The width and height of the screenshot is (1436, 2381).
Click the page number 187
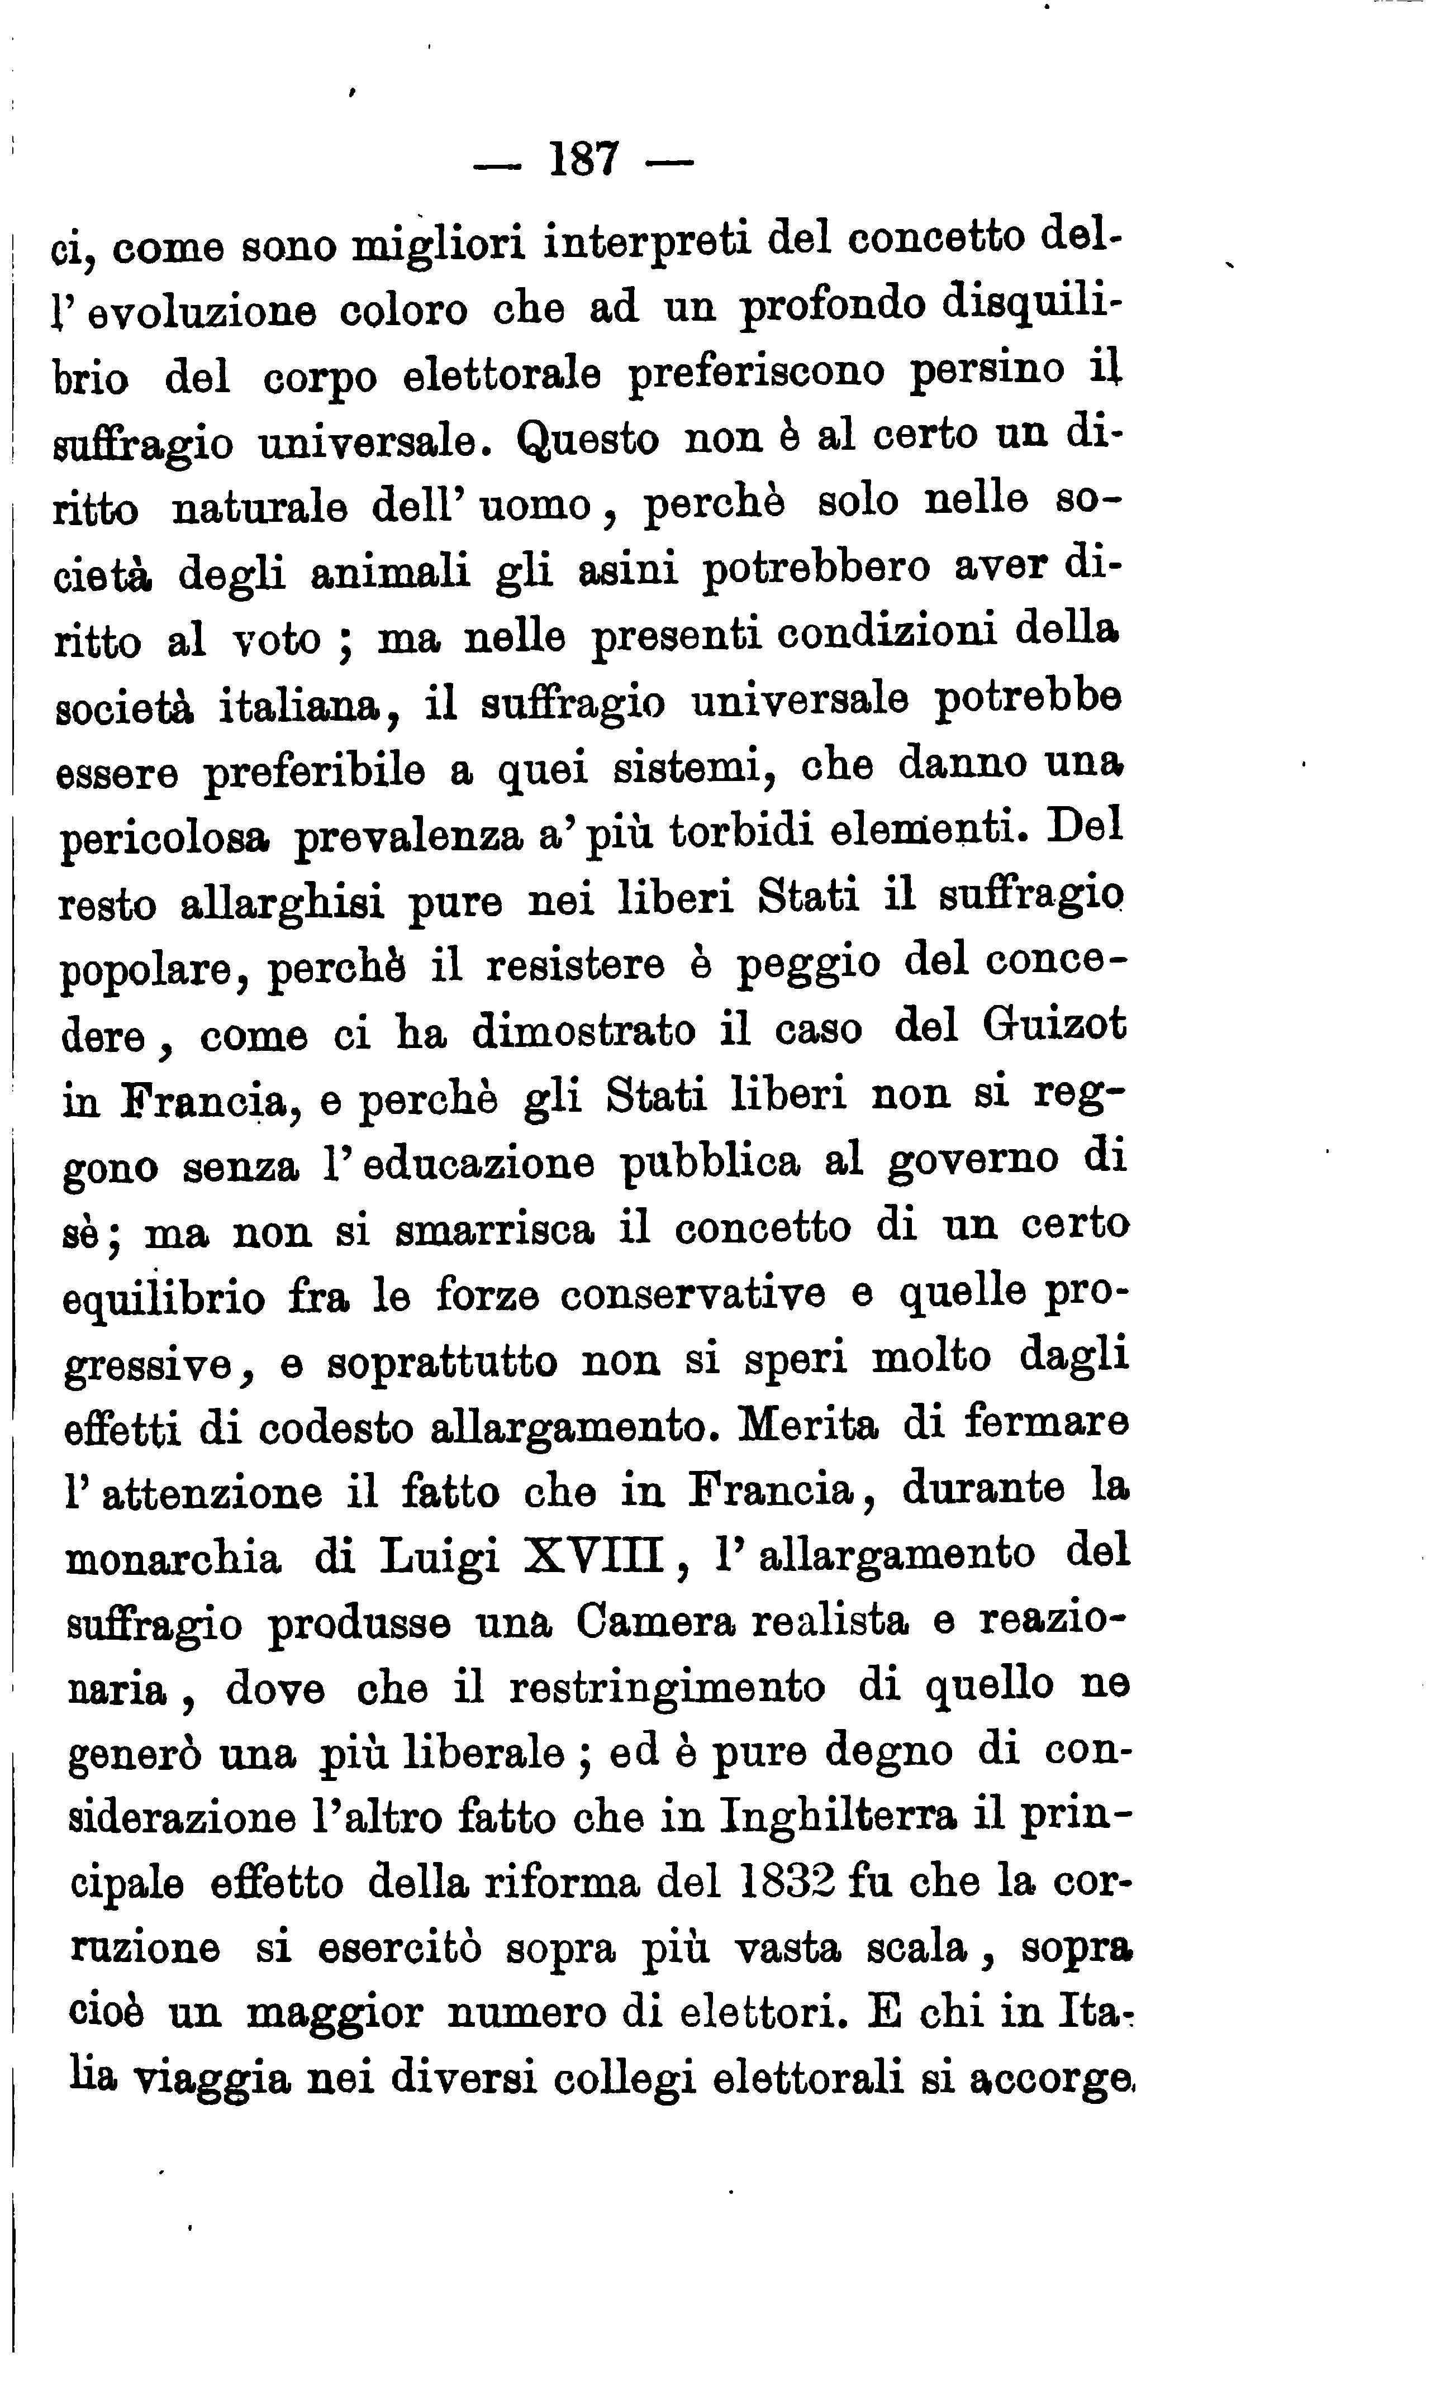[583, 159]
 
